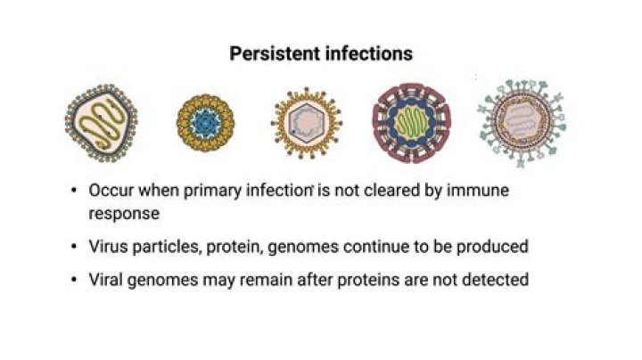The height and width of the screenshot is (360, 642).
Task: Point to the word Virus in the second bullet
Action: point(107,247)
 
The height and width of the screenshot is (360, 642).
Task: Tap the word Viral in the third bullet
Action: point(107,280)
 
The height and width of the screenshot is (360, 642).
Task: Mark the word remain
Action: point(267,280)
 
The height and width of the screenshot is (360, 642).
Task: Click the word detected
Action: point(496,280)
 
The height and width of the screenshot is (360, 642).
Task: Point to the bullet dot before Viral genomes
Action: point(73,281)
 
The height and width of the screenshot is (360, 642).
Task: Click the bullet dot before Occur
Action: point(73,192)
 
